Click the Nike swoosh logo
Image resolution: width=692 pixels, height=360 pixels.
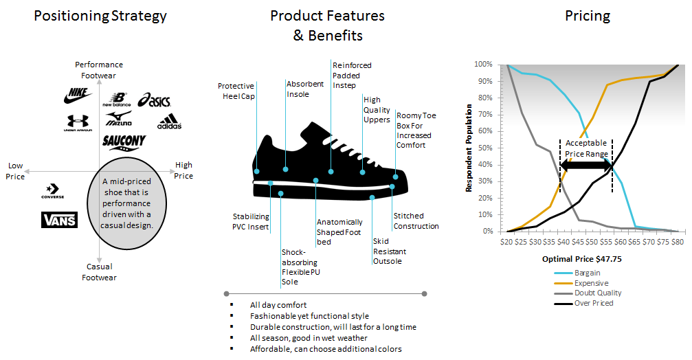[x=78, y=95]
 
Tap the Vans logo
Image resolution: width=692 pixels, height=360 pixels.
[x=59, y=220]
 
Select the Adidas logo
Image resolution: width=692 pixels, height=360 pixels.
[x=170, y=122]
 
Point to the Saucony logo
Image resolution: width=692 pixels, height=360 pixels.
[x=124, y=142]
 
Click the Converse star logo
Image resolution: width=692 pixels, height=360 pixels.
[x=52, y=191]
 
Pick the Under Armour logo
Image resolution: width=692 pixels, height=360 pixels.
[x=78, y=123]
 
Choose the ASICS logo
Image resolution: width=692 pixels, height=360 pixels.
[x=154, y=100]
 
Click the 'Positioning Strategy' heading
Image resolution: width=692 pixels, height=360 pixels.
[x=100, y=16]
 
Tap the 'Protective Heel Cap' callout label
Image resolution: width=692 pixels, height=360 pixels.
[x=236, y=91]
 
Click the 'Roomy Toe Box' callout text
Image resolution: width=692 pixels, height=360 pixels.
[x=416, y=130]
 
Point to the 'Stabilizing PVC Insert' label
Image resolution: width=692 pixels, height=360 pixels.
[x=251, y=221]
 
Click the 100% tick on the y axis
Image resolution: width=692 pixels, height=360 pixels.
[x=483, y=65]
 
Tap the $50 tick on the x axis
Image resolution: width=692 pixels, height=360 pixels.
[x=592, y=242]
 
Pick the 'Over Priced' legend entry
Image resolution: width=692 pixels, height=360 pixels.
[x=583, y=303]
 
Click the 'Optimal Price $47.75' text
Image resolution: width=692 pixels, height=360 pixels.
[x=581, y=259]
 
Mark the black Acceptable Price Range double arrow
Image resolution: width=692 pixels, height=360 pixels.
[x=585, y=166]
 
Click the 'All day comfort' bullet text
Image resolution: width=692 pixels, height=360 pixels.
[x=278, y=305]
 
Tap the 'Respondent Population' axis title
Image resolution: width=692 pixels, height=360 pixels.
[x=469, y=148]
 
